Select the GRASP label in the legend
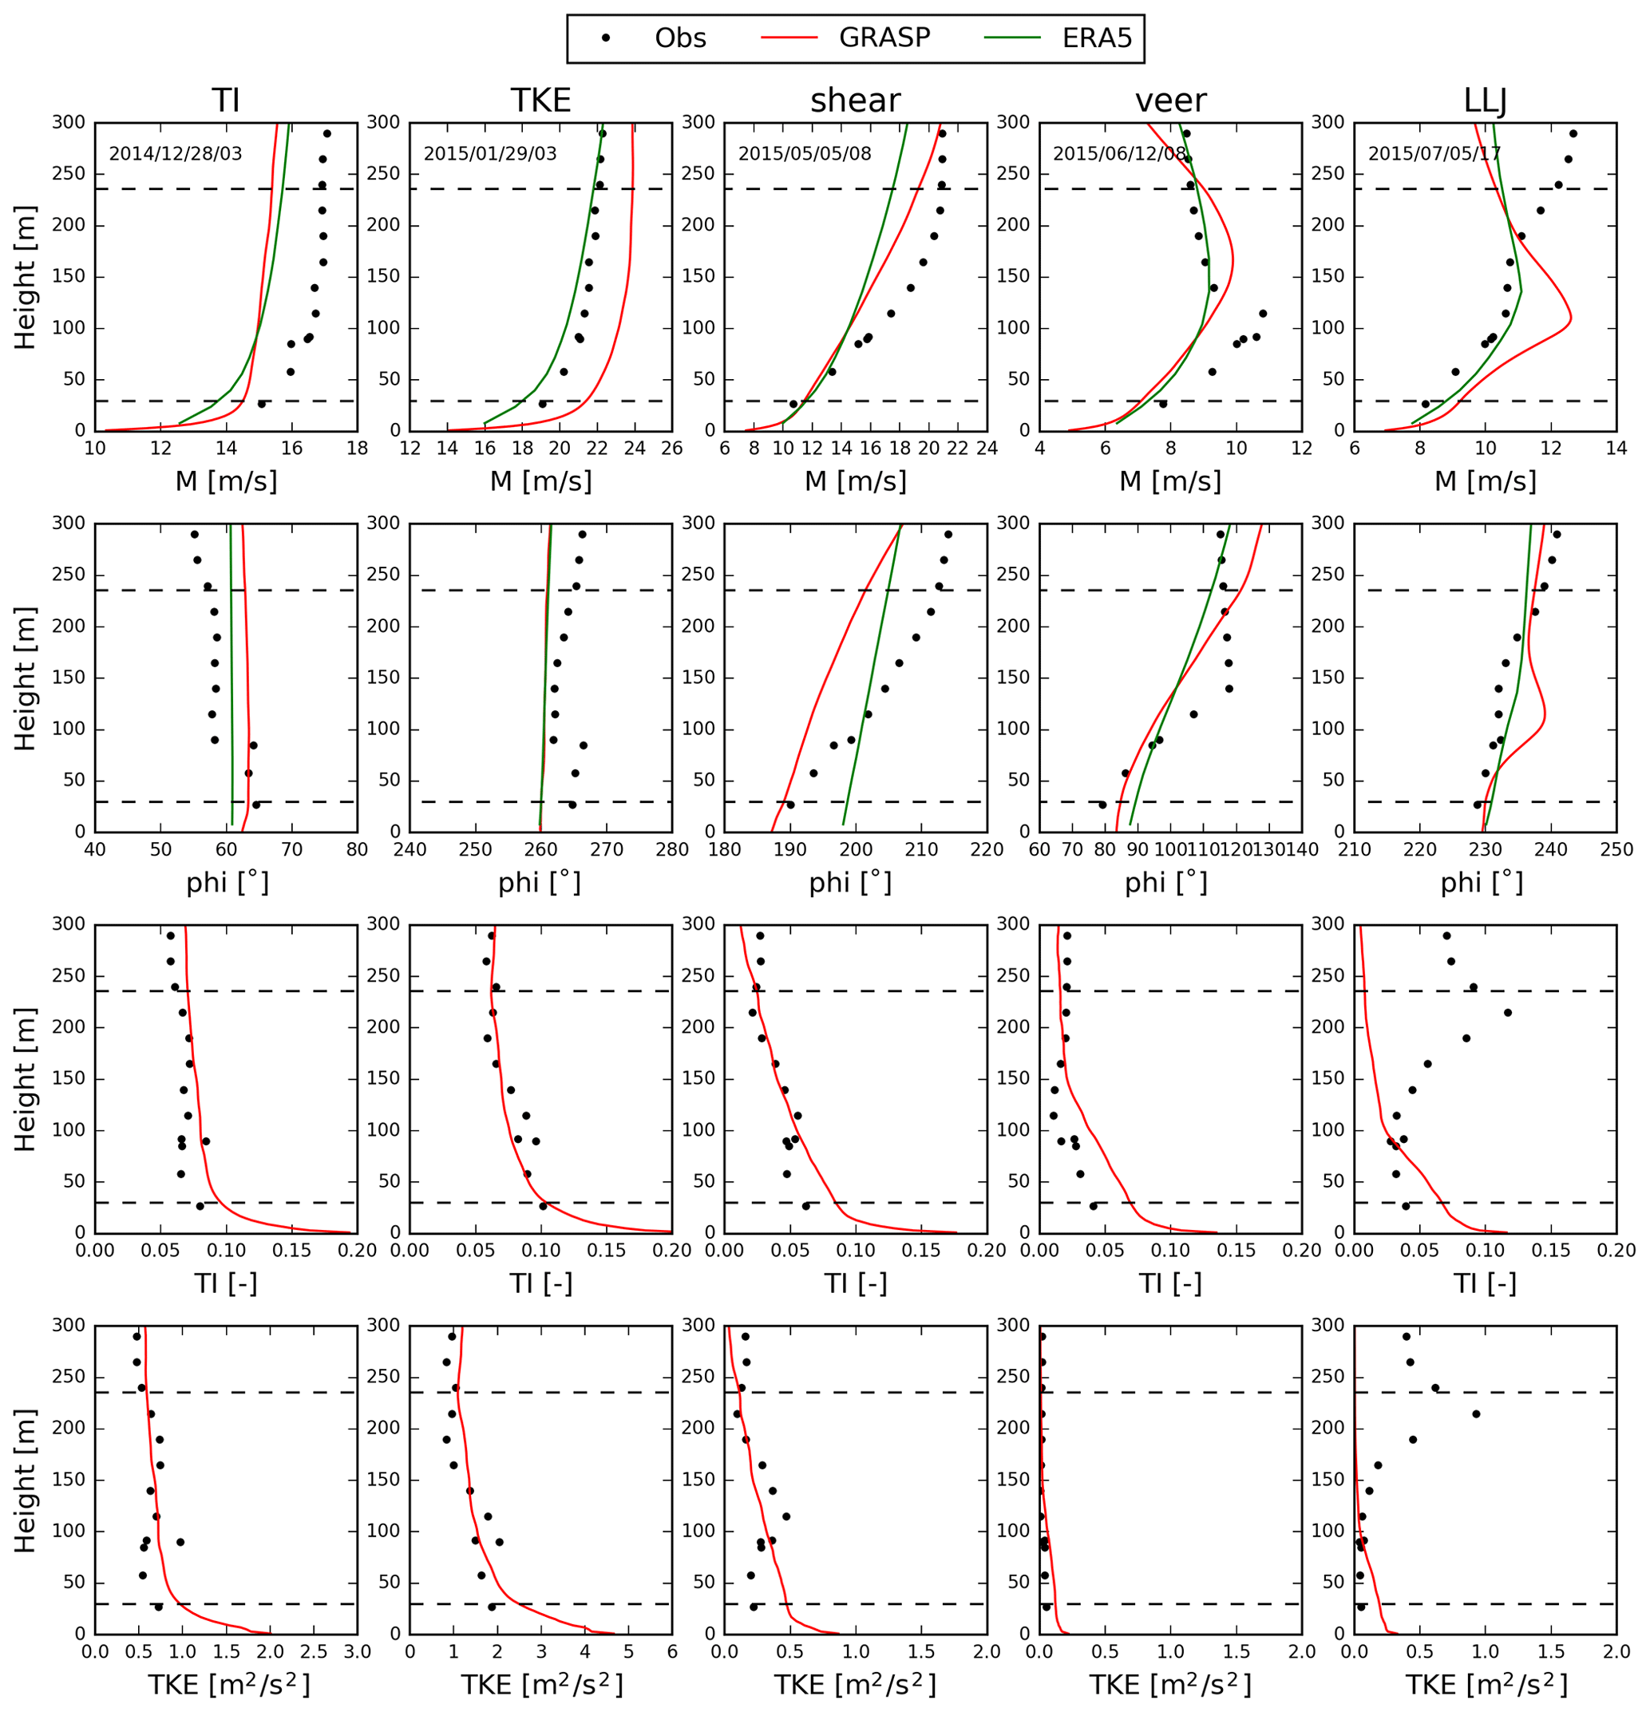[x=884, y=38]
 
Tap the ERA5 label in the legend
[x=1096, y=38]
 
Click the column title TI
[x=225, y=101]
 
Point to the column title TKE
[x=540, y=101]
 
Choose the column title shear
[x=855, y=101]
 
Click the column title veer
[x=1170, y=101]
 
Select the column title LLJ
[x=1485, y=101]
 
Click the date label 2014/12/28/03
[x=176, y=155]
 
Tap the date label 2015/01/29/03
[x=490, y=155]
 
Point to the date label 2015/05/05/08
[x=805, y=155]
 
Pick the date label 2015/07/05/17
[x=1434, y=155]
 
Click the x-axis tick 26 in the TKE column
[x=671, y=448]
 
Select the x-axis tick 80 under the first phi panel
[x=356, y=849]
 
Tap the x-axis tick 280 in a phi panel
[x=671, y=849]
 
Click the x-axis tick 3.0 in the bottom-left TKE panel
[x=356, y=1651]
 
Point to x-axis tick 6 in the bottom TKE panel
[x=671, y=1651]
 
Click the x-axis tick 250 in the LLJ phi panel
[x=1616, y=849]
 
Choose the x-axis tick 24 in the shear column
[x=987, y=448]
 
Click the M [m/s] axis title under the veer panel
[x=1170, y=481]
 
